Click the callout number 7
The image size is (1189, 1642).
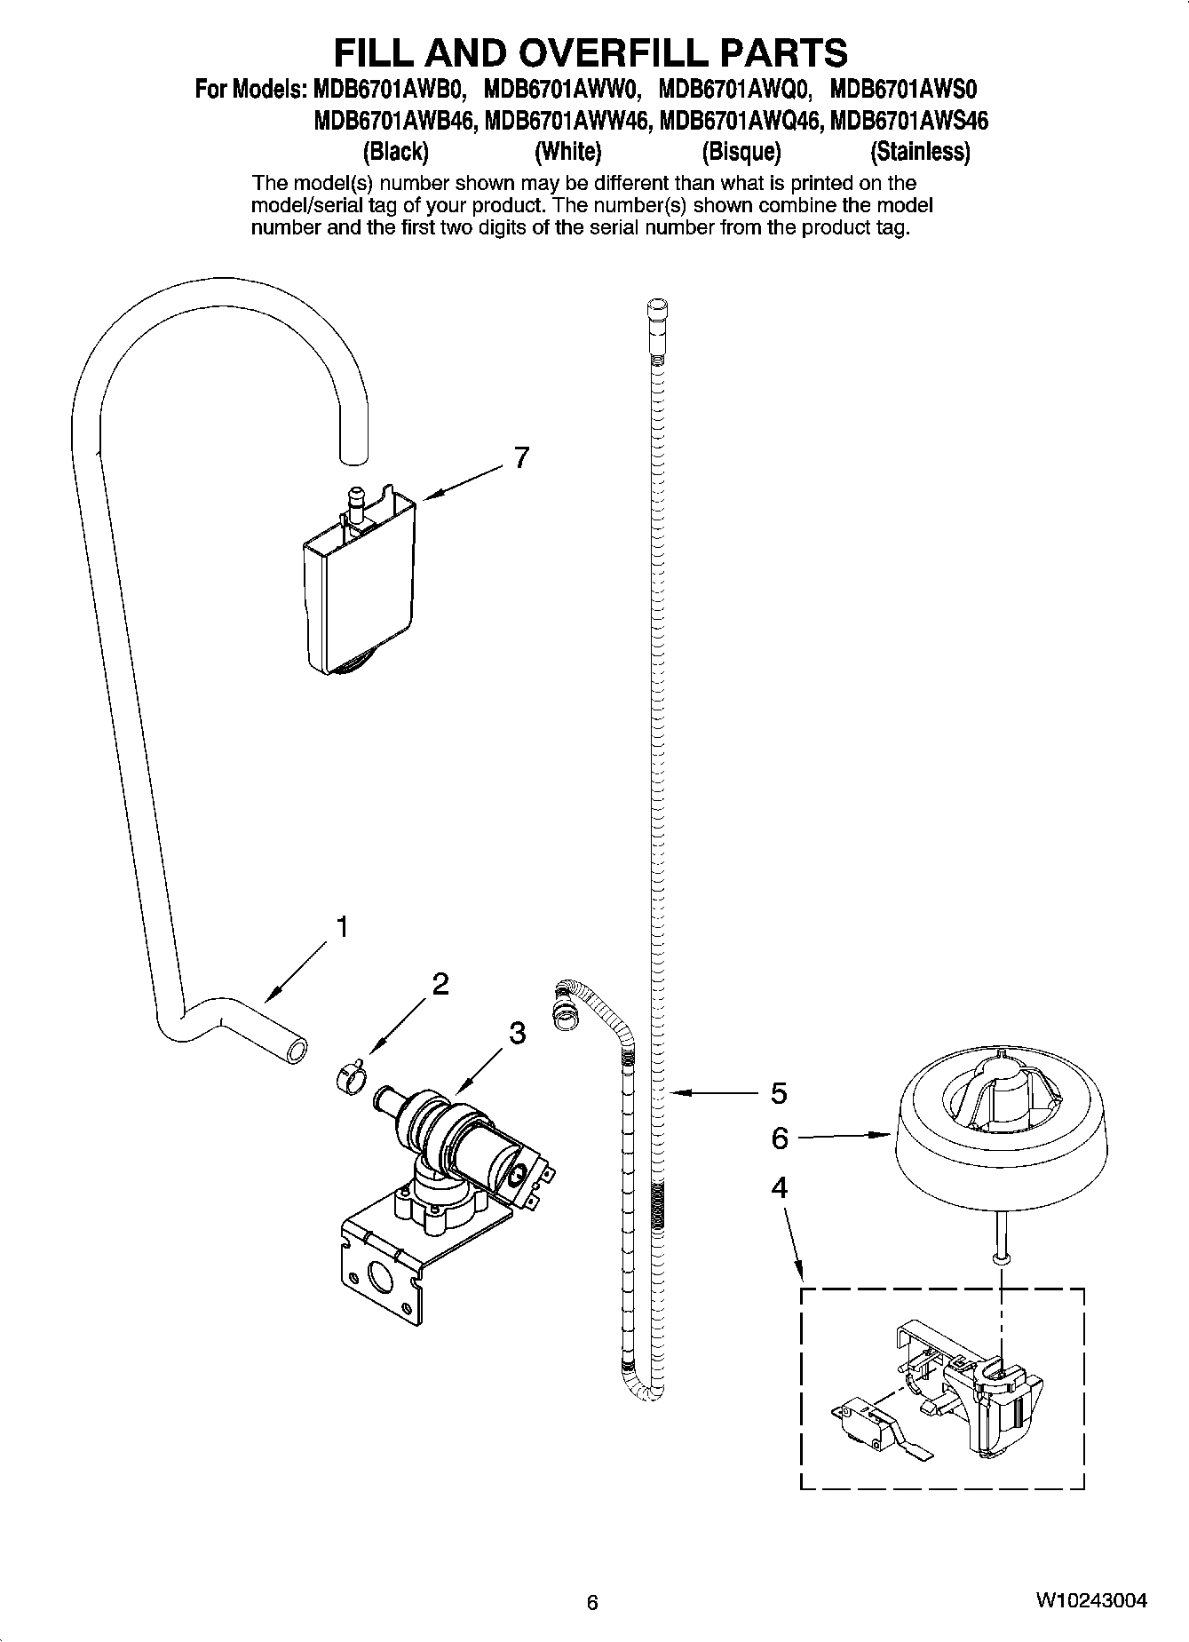click(521, 458)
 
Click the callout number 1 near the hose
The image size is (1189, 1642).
click(340, 927)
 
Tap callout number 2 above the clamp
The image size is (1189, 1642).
click(440, 983)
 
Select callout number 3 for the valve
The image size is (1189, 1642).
click(517, 1033)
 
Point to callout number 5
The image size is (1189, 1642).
click(778, 1093)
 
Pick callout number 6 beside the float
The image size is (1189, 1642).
click(779, 1138)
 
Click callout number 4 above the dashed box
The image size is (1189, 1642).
click(779, 1187)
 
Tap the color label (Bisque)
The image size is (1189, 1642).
click(741, 152)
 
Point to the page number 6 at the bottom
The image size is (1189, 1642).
click(592, 1603)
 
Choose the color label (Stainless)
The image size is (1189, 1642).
click(920, 152)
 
